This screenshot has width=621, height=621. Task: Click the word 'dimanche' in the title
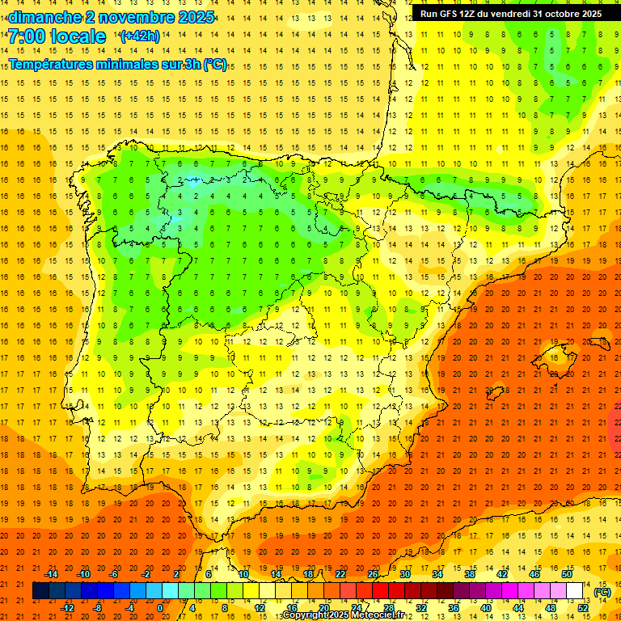pyautogui.click(x=44, y=17)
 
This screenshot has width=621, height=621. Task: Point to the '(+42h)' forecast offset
pyautogui.click(x=140, y=36)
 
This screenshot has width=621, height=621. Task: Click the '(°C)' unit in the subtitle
pyautogui.click(x=215, y=64)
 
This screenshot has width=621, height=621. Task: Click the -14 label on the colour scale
pyautogui.click(x=52, y=574)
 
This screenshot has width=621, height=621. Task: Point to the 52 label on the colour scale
pyautogui.click(x=583, y=608)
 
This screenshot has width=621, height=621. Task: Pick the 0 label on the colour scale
pyautogui.click(x=160, y=608)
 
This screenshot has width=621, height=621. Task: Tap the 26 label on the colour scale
pyautogui.click(x=373, y=574)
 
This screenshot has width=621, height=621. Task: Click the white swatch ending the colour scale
pyautogui.click(x=574, y=591)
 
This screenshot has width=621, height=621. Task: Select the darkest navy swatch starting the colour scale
pyautogui.click(x=40, y=591)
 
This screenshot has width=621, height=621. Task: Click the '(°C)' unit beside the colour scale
pyautogui.click(x=602, y=592)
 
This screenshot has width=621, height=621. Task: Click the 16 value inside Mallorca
pyautogui.click(x=553, y=357)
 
